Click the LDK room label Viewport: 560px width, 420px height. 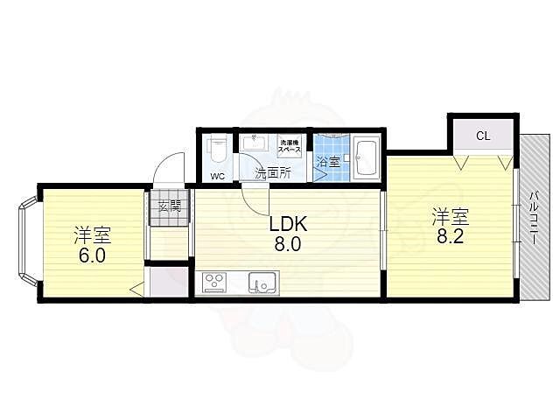point(288,224)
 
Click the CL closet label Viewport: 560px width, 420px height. point(482,136)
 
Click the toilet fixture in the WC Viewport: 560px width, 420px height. point(218,149)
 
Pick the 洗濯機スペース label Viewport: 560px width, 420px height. point(290,146)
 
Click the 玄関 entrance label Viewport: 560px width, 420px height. point(170,206)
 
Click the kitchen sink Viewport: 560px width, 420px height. point(262,283)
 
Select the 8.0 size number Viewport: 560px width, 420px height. point(288,245)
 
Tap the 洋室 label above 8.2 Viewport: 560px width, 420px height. point(446,214)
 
